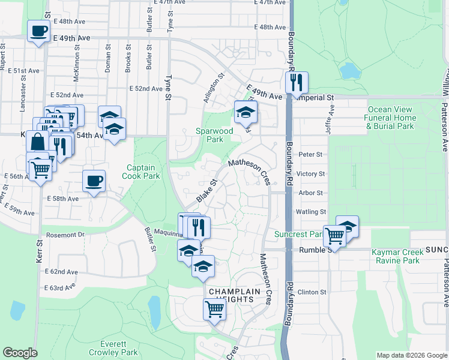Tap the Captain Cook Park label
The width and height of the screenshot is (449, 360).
(x=143, y=172)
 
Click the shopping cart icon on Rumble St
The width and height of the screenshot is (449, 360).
(x=334, y=235)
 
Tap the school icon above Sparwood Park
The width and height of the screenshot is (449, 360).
(x=245, y=112)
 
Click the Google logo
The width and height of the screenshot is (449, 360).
(x=20, y=353)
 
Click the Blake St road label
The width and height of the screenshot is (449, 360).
(x=206, y=191)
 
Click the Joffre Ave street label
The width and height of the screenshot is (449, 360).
(x=330, y=112)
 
